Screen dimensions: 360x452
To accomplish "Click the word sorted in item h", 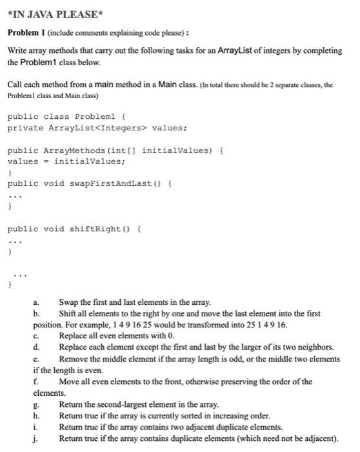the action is [x=182, y=415].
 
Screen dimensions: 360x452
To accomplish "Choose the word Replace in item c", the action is [x=74, y=334].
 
